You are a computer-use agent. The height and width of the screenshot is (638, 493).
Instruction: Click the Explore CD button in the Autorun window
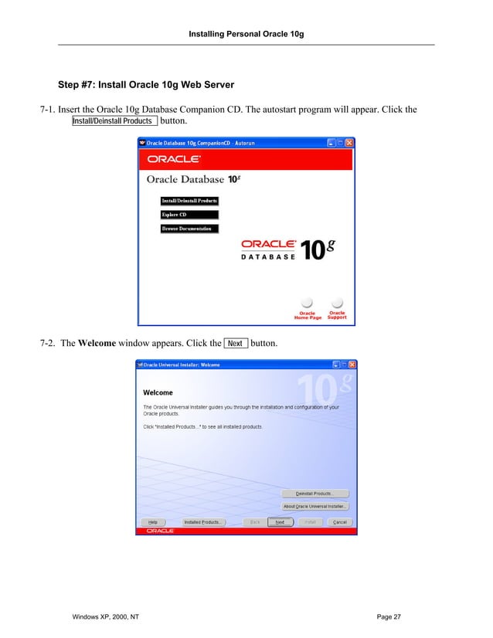coord(189,215)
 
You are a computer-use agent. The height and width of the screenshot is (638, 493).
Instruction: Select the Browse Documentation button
coord(189,229)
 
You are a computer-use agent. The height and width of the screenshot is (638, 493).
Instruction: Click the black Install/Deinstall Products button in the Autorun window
coord(189,201)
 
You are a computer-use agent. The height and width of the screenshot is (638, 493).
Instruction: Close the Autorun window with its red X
coord(350,143)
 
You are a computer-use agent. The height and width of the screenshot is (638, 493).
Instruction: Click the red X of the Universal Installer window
coord(352,365)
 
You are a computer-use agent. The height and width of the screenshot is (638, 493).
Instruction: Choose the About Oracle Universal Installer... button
coord(315,506)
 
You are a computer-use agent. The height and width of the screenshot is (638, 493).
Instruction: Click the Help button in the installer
coord(153,522)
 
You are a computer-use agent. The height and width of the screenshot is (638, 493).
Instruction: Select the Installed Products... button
coord(204,522)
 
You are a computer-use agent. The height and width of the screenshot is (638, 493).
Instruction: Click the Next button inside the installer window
coord(280,522)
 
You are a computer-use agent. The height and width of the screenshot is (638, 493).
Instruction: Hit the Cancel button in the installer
coord(338,522)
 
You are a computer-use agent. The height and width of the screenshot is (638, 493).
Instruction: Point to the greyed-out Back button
coord(253,522)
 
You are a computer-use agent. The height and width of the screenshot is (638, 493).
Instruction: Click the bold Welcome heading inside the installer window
coord(158,393)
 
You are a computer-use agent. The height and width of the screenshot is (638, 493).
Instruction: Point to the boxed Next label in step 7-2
coord(236,343)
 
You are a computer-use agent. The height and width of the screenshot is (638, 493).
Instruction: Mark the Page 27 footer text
coord(389,616)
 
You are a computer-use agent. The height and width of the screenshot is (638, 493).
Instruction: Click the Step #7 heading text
coord(146,83)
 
